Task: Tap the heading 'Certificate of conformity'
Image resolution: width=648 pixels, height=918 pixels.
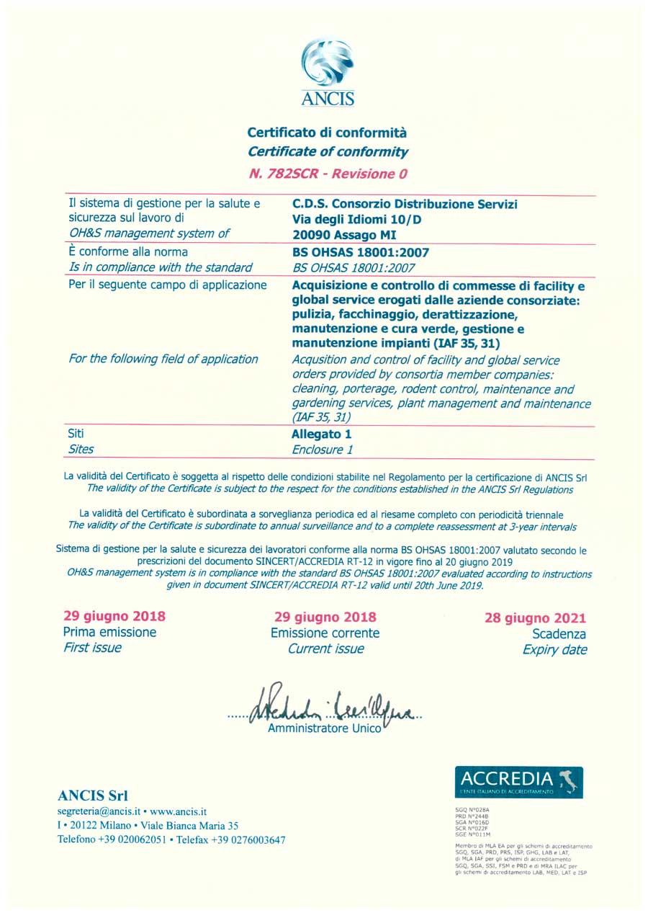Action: (x=328, y=152)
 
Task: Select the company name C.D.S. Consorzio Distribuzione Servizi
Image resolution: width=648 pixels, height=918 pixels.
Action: (x=405, y=204)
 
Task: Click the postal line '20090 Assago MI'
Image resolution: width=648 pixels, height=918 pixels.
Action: (x=344, y=234)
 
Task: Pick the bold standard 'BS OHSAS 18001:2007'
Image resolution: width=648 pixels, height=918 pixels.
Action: (x=353, y=252)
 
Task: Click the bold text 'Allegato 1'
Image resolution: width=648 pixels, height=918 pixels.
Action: (x=322, y=435)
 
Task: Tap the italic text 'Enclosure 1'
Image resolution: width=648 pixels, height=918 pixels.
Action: (x=323, y=450)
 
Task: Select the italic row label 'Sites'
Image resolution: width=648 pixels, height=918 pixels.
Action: (x=81, y=449)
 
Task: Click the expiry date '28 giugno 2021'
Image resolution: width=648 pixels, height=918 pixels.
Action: (x=535, y=618)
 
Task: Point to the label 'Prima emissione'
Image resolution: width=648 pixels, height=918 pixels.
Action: (x=109, y=633)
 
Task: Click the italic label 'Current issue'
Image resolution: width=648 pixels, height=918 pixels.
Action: (x=325, y=649)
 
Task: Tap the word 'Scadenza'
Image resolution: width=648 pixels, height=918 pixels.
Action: (x=559, y=634)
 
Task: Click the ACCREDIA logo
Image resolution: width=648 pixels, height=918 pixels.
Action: (x=518, y=782)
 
